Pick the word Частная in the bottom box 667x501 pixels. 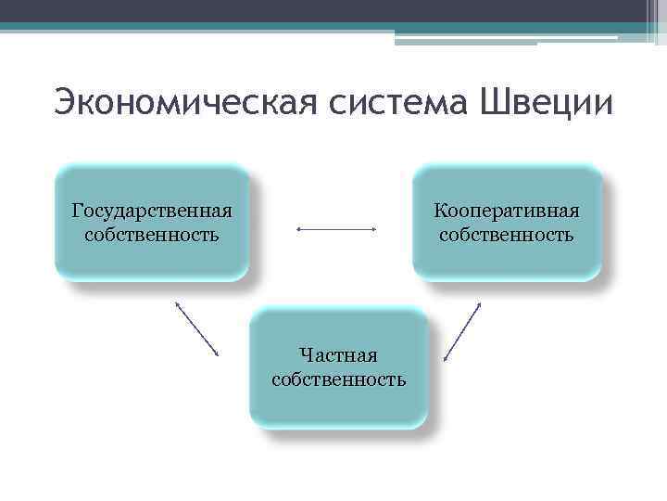(x=338, y=354)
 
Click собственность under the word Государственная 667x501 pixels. (x=151, y=234)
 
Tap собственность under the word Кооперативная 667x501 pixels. (x=507, y=234)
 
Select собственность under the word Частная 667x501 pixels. (x=338, y=379)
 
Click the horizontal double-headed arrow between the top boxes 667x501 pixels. (x=335, y=228)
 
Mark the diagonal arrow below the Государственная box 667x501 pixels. (x=195, y=328)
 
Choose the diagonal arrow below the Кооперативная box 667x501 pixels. (x=462, y=330)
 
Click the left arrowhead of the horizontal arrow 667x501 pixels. (x=298, y=228)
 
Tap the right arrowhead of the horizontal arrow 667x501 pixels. (x=372, y=228)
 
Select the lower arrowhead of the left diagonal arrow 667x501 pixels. (x=217, y=354)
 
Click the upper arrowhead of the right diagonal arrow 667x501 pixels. (x=480, y=302)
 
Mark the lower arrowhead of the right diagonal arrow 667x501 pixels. (x=446, y=358)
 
